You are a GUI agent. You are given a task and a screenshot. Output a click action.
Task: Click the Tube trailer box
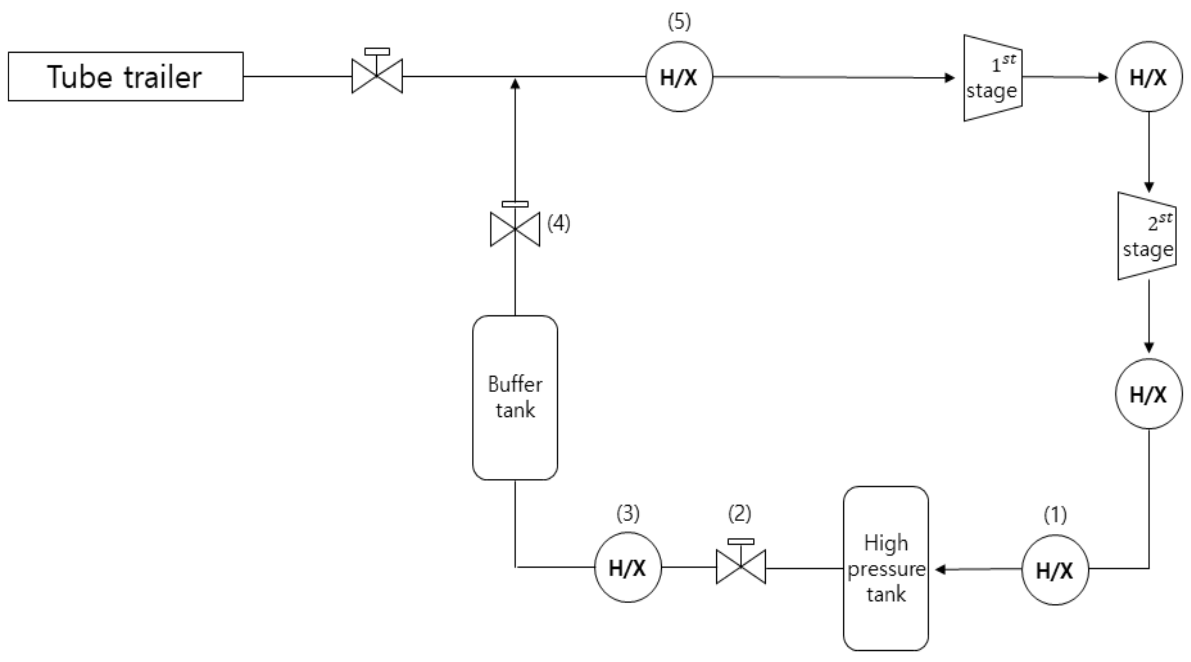tap(125, 76)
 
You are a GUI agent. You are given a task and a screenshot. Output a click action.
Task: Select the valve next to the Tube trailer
tap(377, 75)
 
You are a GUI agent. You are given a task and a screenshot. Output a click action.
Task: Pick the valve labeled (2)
tap(740, 566)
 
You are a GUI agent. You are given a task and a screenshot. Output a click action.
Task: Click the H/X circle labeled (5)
tap(679, 77)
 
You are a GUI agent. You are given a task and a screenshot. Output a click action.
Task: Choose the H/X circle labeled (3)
tap(628, 567)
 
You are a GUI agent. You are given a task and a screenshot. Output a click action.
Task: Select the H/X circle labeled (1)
tap(1055, 570)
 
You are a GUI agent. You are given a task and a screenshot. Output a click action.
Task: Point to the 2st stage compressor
tap(1147, 236)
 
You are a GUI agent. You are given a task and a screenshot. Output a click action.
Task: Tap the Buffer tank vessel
tap(515, 398)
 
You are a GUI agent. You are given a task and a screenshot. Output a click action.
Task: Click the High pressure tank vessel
tap(885, 568)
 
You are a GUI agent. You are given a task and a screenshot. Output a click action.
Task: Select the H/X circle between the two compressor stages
tap(1148, 77)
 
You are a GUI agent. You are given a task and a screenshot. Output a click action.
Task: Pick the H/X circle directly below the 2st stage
tap(1148, 394)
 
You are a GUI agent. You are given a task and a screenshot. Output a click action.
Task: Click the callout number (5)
tap(679, 22)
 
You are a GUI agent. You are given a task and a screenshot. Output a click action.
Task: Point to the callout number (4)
tap(559, 223)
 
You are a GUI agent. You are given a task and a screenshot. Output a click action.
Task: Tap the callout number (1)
tap(1055, 514)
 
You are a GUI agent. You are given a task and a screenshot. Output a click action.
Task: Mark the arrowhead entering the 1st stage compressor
tap(950, 77)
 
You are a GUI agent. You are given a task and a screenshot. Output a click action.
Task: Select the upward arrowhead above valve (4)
tap(515, 84)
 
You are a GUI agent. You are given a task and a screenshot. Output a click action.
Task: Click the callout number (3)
tap(628, 513)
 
